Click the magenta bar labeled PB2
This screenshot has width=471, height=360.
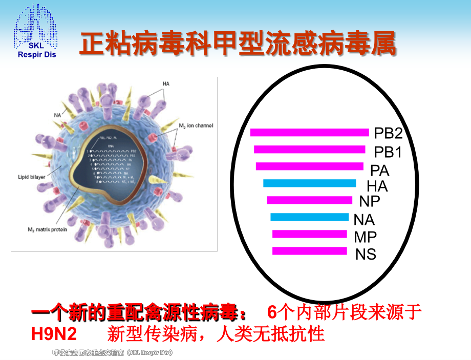click(x=309, y=133)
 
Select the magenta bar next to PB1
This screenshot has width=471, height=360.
click(x=309, y=150)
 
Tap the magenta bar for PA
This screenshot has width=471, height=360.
click(x=310, y=166)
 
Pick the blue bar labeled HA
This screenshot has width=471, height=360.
click(x=309, y=183)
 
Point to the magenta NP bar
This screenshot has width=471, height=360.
click(x=309, y=200)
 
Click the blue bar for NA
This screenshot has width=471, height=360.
click(x=309, y=217)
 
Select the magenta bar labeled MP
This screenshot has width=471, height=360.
click(x=309, y=234)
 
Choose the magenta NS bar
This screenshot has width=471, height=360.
click(x=309, y=251)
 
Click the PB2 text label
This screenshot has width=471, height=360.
click(x=388, y=134)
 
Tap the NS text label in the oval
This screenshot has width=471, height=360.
click(x=366, y=254)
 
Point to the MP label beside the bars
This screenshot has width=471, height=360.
click(x=365, y=237)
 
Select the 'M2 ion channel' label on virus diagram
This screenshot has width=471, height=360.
click(x=196, y=125)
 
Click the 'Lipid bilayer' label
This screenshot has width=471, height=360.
click(x=33, y=177)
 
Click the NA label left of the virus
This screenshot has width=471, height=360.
click(x=57, y=115)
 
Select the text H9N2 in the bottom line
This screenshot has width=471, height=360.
click(x=54, y=334)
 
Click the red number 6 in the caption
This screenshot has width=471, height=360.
click(x=272, y=312)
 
